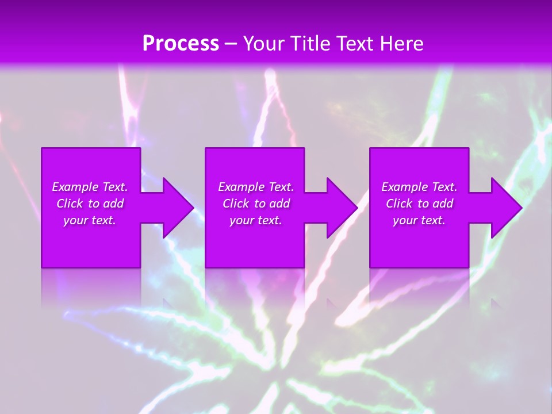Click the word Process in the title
tap(181, 44)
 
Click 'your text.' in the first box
tap(90, 220)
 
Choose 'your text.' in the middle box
tap(256, 220)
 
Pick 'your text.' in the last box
tap(419, 220)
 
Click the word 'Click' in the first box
tap(70, 204)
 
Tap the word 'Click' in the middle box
tap(236, 204)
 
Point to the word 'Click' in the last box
tap(399, 204)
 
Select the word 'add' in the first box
tap(113, 204)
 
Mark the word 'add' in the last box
tap(443, 204)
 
